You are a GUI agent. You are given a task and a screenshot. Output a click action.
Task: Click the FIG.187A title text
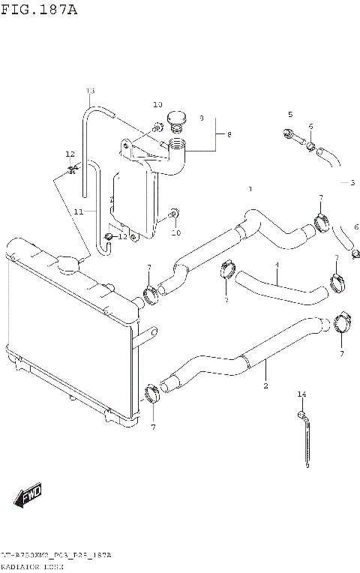tap(39, 10)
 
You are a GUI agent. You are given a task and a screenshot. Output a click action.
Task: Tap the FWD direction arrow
tap(28, 496)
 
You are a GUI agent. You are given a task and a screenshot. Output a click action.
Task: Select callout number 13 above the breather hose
tap(90, 91)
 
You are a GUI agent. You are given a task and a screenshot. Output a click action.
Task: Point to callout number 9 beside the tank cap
tap(201, 118)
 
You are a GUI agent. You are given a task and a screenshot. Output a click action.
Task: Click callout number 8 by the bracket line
tap(229, 134)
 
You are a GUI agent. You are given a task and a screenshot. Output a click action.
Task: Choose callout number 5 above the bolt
tap(289, 114)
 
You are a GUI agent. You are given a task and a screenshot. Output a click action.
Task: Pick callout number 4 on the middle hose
tap(276, 265)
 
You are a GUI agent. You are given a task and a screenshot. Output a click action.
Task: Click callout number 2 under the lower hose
tap(265, 386)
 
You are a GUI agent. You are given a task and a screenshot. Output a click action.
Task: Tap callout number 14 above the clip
tap(301, 394)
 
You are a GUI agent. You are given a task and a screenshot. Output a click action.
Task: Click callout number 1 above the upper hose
tap(250, 189)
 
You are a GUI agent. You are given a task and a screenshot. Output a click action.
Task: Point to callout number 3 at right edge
tap(352, 182)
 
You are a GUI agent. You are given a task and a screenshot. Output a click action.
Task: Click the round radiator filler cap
tap(67, 263)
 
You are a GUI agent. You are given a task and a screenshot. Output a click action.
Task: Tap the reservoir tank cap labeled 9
tap(177, 118)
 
